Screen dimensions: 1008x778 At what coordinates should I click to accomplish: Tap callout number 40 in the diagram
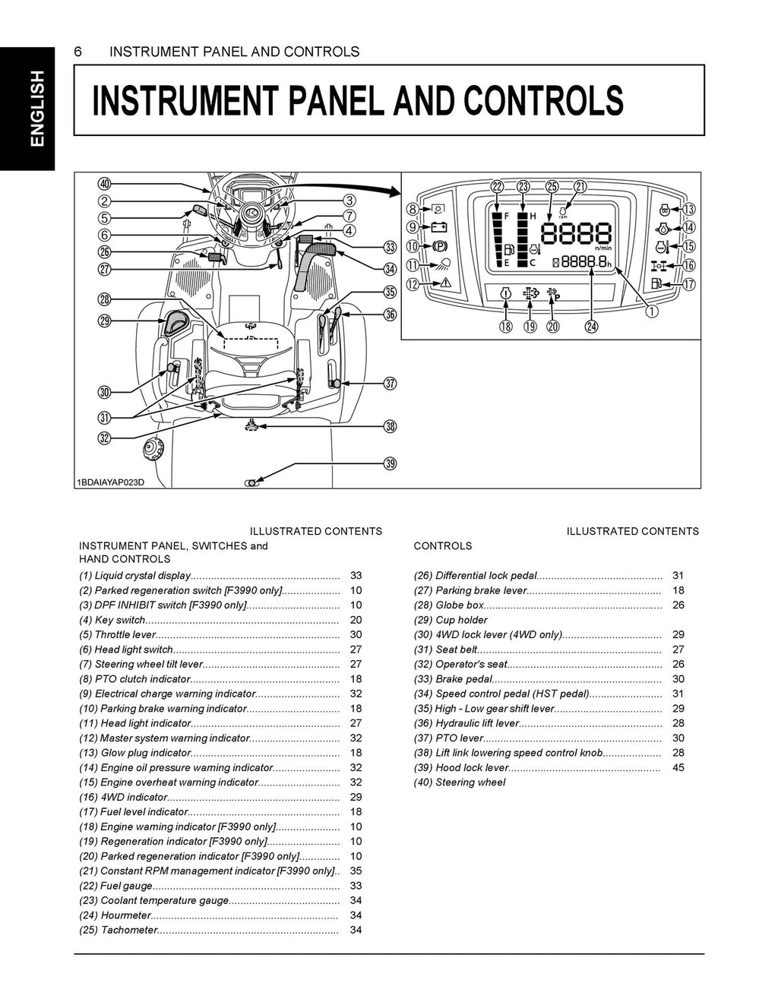click(104, 184)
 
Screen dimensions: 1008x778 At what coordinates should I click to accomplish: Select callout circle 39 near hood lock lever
click(390, 463)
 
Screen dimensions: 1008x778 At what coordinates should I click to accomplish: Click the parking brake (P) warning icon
click(439, 246)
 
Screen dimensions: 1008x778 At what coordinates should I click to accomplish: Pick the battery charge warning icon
click(439, 226)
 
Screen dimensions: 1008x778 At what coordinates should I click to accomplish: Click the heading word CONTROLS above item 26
click(442, 545)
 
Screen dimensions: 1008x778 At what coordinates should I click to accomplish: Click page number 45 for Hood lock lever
click(678, 767)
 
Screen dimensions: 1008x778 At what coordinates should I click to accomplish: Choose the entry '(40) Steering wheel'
click(460, 782)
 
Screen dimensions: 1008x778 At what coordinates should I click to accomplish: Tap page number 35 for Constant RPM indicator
click(356, 871)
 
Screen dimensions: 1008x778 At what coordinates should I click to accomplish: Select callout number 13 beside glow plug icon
click(688, 210)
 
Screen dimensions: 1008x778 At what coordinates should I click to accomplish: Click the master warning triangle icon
click(439, 283)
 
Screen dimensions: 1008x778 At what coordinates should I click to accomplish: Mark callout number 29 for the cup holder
click(104, 321)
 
